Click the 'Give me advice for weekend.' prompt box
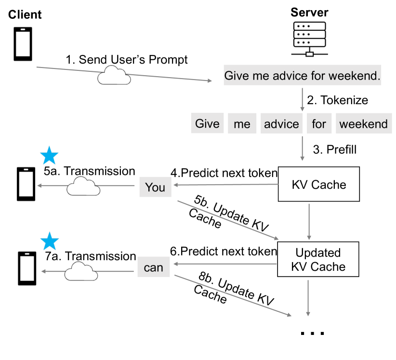(302, 76)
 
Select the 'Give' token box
(207, 124)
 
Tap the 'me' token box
(242, 124)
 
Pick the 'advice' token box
(281, 124)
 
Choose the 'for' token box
(318, 124)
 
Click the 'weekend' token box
(363, 124)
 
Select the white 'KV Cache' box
(318, 184)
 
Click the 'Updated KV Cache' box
(318, 259)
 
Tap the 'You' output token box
(155, 187)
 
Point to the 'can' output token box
(154, 267)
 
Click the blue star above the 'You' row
(49, 156)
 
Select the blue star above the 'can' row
(49, 241)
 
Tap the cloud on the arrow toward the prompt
(114, 76)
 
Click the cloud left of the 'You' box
(83, 187)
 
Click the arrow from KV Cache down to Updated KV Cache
(309, 221)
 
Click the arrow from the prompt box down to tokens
(302, 99)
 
